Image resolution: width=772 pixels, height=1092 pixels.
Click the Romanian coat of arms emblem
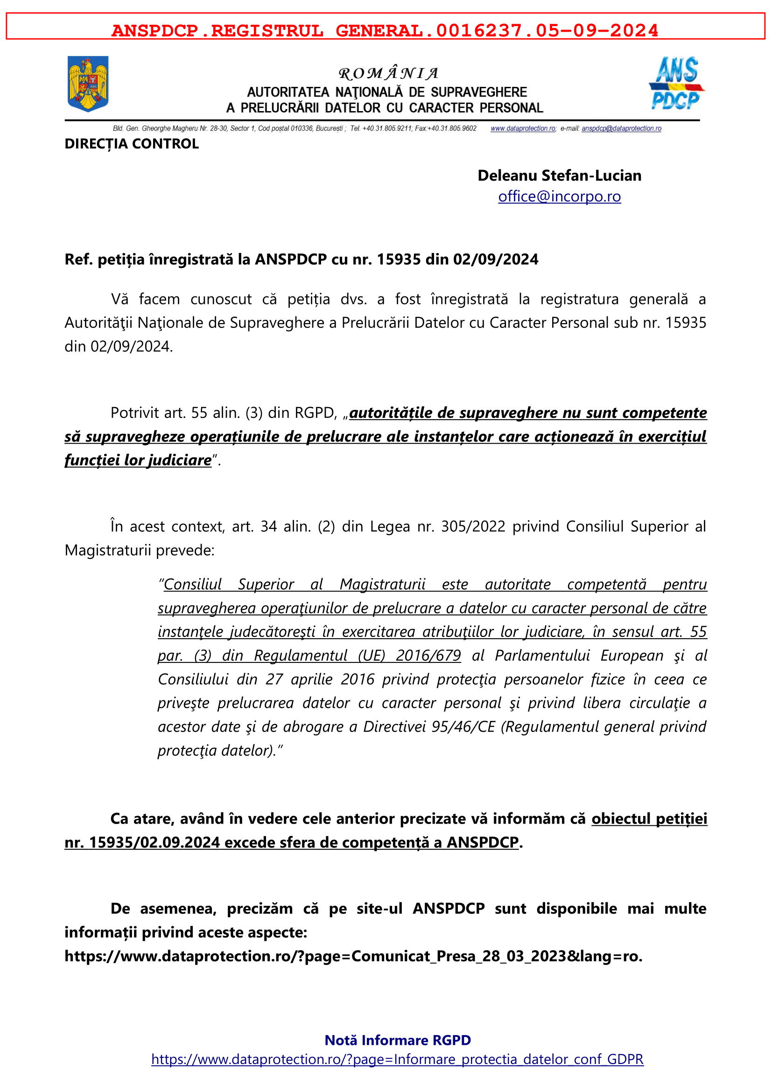click(88, 84)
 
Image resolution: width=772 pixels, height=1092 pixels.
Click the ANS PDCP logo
click(676, 83)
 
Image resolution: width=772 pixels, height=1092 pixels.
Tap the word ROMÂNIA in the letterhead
click(388, 74)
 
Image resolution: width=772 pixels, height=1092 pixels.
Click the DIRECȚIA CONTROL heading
click(132, 144)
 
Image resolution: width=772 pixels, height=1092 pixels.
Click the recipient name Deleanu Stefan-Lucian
click(559, 176)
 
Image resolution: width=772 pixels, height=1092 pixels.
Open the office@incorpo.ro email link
click(559, 197)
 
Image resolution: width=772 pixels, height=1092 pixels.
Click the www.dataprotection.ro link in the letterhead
click(522, 128)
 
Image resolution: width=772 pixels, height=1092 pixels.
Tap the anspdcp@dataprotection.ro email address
click(621, 128)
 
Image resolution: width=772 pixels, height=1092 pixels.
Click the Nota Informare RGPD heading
click(397, 1040)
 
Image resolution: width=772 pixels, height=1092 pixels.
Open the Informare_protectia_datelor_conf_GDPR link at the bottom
click(397, 1059)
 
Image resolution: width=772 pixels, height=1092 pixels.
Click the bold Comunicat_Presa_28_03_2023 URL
click(353, 956)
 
